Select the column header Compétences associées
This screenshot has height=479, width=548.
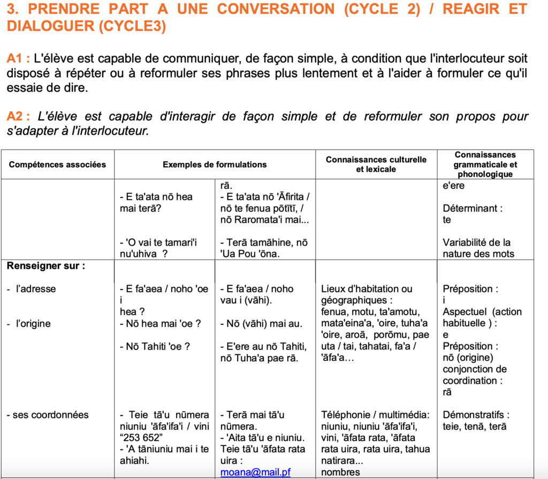coord(57,164)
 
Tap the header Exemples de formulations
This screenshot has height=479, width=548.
coord(215,164)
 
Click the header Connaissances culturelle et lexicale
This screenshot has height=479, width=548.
coord(376,164)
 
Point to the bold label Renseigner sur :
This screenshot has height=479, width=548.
coord(46,265)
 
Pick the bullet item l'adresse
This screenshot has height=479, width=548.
coord(36,289)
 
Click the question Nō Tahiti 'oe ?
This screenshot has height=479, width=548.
coord(155,346)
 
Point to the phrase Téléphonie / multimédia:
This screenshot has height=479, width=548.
coord(375,415)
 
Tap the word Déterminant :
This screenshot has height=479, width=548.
coord(473,208)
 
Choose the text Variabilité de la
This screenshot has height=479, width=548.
coord(476,242)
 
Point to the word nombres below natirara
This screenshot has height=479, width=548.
coord(340,472)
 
